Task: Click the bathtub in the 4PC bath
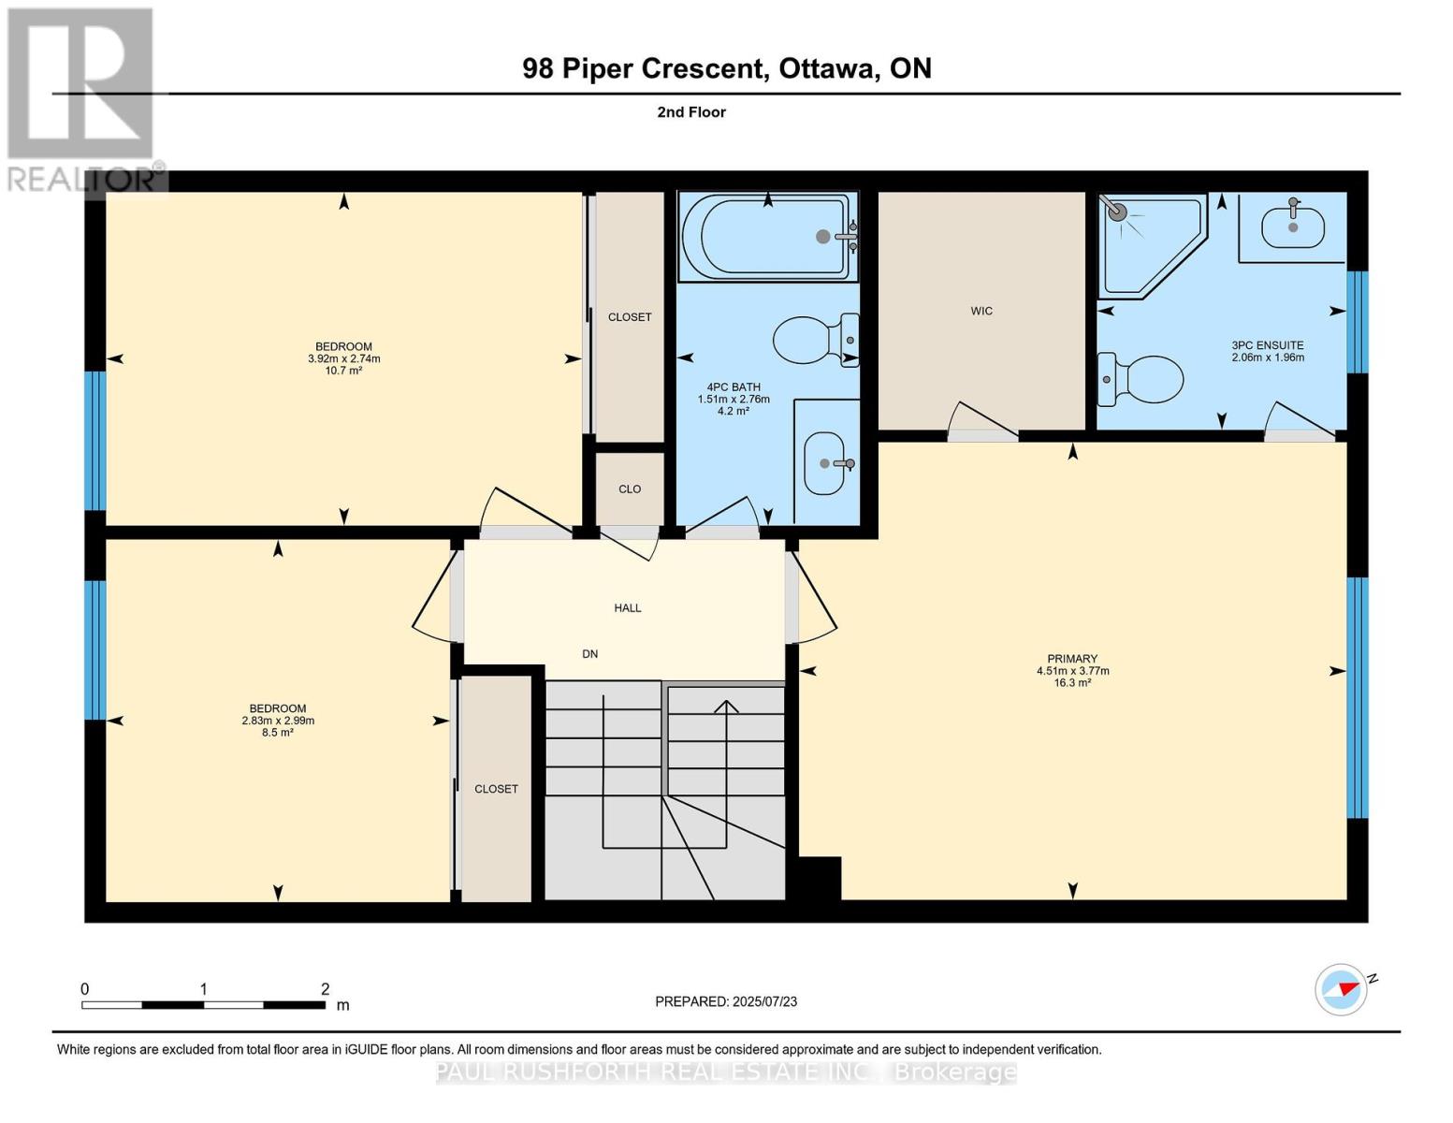point(767,237)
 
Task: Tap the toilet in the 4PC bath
point(815,341)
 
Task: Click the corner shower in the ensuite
point(1152,245)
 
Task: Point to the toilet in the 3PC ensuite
point(1140,379)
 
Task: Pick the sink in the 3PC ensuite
point(1292,226)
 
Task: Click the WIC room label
point(981,311)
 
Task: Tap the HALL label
point(627,608)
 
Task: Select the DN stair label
point(589,654)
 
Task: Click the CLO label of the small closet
point(630,489)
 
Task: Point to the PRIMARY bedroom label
point(1072,659)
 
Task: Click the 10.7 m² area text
point(343,371)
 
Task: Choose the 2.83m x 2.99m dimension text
point(278,721)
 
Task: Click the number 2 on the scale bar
point(325,988)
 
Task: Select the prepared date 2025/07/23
point(764,1001)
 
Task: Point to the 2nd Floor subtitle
point(691,112)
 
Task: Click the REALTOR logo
point(83,100)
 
